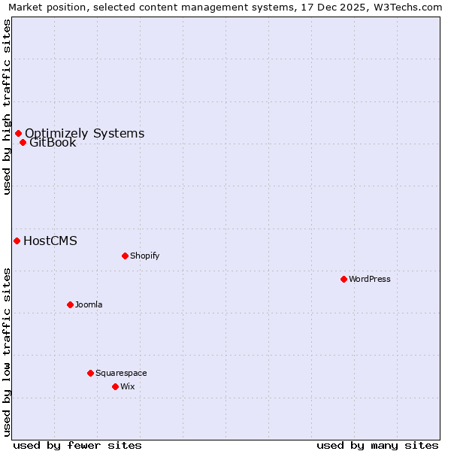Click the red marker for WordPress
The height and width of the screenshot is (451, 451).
[344, 279]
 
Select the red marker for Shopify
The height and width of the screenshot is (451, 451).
[125, 256]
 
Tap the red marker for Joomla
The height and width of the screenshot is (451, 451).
[70, 304]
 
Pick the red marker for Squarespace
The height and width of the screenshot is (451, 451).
[90, 373]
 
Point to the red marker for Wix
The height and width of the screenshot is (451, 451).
[115, 386]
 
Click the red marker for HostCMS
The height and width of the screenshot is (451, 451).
[17, 241]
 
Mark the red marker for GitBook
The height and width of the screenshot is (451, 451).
[23, 142]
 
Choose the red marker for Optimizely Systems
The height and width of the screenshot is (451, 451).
[18, 133]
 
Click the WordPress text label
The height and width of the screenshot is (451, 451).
[370, 279]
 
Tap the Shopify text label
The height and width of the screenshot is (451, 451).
[145, 256]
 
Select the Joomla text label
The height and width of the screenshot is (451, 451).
[89, 304]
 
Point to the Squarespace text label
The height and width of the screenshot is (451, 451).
[121, 373]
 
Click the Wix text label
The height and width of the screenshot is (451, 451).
[128, 386]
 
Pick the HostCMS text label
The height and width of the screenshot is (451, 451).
[50, 241]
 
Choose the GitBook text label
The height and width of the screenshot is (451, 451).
[53, 143]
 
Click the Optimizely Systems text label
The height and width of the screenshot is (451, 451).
[85, 133]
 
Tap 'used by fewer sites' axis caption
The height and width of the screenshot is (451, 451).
[77, 445]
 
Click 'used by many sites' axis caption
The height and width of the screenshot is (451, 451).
[377, 445]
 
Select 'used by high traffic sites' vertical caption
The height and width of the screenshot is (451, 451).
[7, 107]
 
